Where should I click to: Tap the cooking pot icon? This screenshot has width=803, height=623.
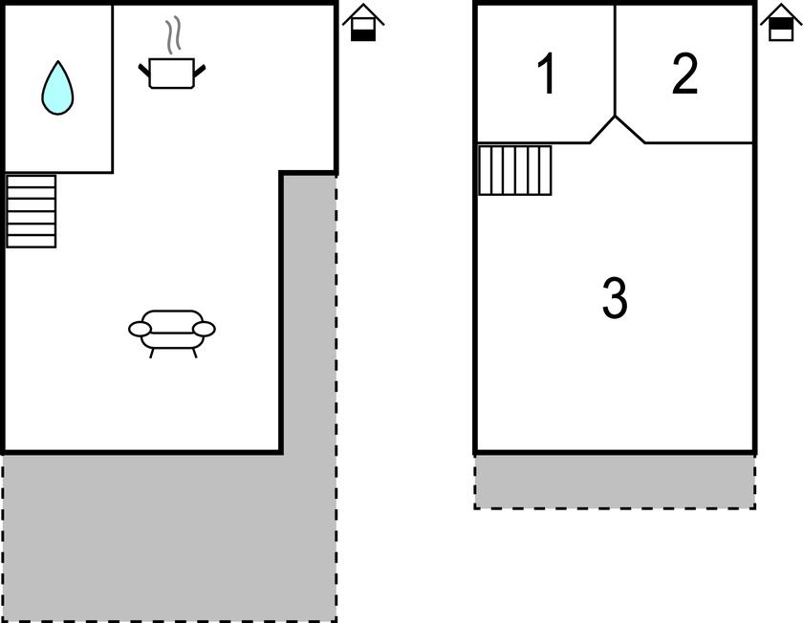point(171,74)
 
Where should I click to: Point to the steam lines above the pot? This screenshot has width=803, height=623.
point(174,34)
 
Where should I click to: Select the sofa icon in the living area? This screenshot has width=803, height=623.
point(171,333)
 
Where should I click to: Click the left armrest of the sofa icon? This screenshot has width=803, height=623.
point(140,329)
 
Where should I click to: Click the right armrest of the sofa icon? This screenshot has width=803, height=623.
point(204,329)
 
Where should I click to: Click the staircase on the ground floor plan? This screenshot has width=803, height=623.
point(31,211)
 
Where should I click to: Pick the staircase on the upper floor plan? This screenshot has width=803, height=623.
point(514,170)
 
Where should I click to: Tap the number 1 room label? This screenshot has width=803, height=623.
point(547,74)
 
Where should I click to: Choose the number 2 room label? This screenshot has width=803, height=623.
point(684,74)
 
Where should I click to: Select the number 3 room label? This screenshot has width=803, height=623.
point(615,297)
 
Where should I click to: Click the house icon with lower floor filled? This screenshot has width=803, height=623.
point(363,23)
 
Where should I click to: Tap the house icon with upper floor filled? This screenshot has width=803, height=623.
point(781,22)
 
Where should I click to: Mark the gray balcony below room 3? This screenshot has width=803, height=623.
point(615,482)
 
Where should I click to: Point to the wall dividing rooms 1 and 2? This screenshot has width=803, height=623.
point(615,60)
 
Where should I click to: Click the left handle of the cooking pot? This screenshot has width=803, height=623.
point(144,70)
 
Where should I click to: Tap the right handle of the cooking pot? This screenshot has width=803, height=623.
point(199,71)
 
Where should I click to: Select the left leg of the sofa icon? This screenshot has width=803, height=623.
point(151,353)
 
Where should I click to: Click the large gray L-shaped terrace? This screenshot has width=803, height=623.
point(169,538)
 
